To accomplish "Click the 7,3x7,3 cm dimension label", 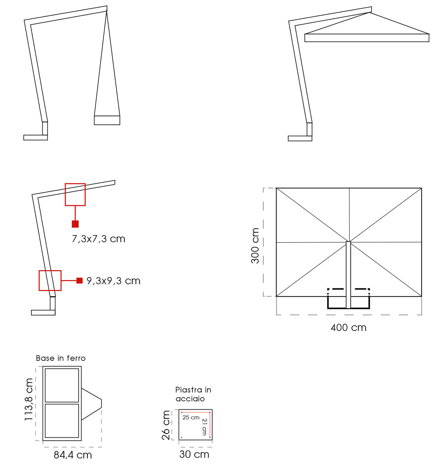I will (x=98, y=239).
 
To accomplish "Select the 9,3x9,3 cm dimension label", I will (x=113, y=281).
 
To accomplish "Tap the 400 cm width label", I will (x=348, y=328).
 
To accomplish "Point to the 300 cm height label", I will (x=255, y=245).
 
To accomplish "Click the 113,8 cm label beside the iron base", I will (x=29, y=399).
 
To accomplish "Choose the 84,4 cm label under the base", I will (x=73, y=455).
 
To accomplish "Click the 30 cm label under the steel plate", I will (x=194, y=454).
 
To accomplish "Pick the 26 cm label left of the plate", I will (x=166, y=425).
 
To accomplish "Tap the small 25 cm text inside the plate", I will (x=191, y=418).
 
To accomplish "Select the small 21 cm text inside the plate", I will (x=204, y=427).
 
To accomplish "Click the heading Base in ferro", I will (x=61, y=358).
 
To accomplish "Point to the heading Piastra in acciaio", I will (x=193, y=394).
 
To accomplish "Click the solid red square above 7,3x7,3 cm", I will (x=75, y=224).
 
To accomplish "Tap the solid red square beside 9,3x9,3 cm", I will (x=79, y=280).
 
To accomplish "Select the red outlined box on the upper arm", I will (x=75, y=194).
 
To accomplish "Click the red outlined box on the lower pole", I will (x=50, y=280).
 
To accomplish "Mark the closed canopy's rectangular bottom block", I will (x=107, y=120).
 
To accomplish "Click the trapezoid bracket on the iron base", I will (x=91, y=404).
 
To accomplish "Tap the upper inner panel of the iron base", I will (x=62, y=385).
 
